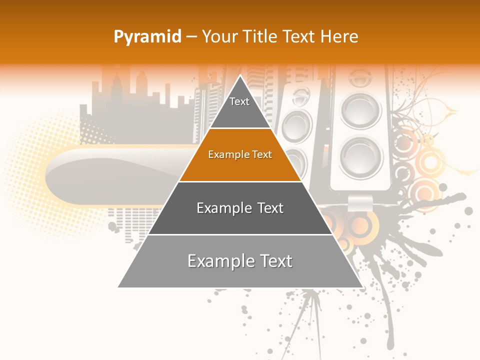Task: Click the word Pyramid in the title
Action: [x=147, y=37]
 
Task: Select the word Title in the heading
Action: [x=261, y=37]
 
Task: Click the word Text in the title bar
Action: [x=300, y=37]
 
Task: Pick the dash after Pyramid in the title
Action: [x=191, y=37]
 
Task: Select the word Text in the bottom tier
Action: [x=273, y=261]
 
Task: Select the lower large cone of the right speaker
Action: [x=361, y=157]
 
